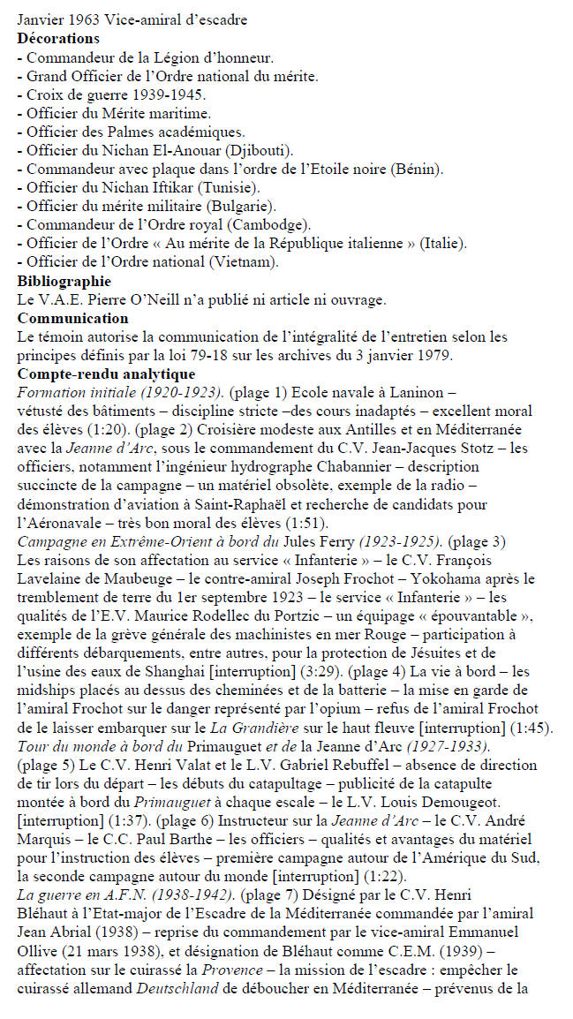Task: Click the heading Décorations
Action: [58, 39]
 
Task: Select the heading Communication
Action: [73, 319]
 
